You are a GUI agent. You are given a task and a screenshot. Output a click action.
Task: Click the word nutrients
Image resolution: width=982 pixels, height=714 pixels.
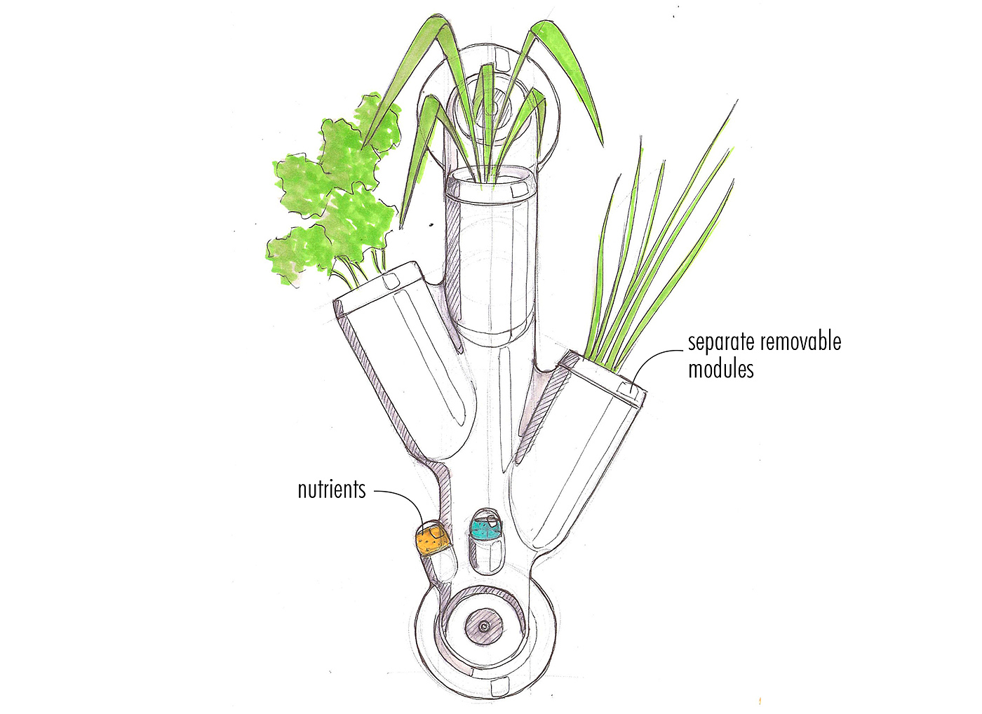(x=332, y=489)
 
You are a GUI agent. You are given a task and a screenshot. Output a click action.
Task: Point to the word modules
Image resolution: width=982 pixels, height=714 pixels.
(x=720, y=369)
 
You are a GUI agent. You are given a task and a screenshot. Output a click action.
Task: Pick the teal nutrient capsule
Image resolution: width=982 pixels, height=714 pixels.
(x=484, y=527)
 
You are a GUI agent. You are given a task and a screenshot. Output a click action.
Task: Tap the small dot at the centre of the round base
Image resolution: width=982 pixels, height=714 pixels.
(x=483, y=626)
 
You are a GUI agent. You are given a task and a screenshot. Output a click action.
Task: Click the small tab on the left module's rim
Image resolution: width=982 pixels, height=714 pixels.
(x=390, y=281)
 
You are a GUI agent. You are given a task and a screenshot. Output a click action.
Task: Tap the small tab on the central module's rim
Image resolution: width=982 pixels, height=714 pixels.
(x=520, y=190)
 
